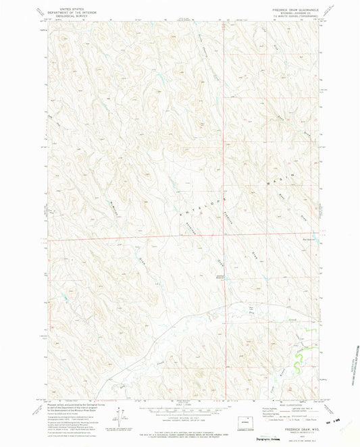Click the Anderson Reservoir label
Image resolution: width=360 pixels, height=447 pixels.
point(202,275)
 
